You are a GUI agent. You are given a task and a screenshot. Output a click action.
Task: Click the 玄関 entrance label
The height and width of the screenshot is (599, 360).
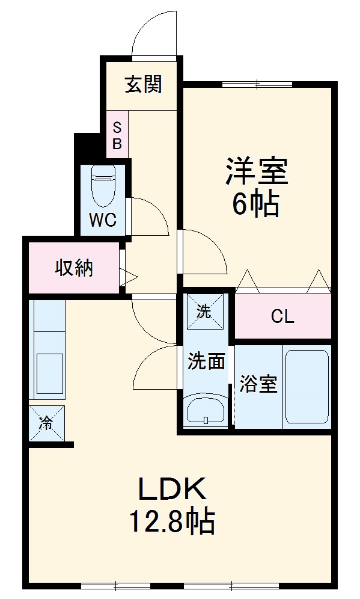click(x=143, y=85)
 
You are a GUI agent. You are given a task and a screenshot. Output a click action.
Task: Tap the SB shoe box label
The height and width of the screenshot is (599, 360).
click(x=118, y=135)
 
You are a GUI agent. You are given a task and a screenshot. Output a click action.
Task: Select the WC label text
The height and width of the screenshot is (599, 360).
click(x=103, y=220)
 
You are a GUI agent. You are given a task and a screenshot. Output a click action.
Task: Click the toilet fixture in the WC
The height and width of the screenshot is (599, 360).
click(x=103, y=185)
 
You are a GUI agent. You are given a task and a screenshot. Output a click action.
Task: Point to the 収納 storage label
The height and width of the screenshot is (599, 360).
click(x=75, y=268)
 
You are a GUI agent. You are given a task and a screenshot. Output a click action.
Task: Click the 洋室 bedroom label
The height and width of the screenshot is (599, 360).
click(x=257, y=171)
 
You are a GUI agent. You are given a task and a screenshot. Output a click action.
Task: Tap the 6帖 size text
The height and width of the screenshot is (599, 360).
click(x=255, y=206)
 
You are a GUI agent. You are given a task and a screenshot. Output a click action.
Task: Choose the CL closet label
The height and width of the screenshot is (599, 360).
click(x=282, y=317)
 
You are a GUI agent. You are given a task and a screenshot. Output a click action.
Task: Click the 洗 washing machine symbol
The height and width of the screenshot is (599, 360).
click(x=205, y=312)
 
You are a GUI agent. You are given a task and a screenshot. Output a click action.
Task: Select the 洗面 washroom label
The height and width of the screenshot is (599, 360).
click(x=206, y=361)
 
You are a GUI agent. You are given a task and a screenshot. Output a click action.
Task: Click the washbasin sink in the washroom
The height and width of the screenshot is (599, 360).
click(x=206, y=410)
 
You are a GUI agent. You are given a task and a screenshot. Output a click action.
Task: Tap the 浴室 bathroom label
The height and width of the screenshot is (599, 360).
click(x=258, y=384)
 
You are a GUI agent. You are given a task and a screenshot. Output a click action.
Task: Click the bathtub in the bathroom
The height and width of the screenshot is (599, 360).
click(x=307, y=386)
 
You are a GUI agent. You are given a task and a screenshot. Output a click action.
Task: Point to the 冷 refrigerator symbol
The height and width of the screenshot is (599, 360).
click(x=46, y=423)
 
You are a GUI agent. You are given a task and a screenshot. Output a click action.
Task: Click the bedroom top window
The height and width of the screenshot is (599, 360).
click(x=257, y=84)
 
